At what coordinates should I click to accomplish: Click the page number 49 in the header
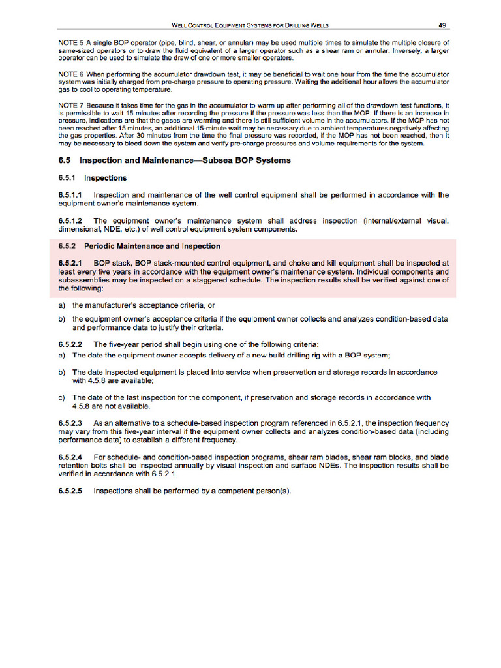[x=442, y=25]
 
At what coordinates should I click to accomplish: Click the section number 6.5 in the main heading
[x=65, y=160]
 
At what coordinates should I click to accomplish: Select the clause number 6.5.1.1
[x=70, y=195]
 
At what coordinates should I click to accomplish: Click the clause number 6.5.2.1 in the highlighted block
[x=70, y=262]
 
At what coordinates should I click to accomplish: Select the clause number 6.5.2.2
[x=70, y=344]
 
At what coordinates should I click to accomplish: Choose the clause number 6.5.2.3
[x=70, y=423]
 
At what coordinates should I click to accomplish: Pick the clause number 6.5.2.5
[x=70, y=491]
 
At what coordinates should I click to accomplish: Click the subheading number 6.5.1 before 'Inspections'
[x=67, y=177]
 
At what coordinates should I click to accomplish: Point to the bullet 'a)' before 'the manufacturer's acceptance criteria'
[x=61, y=305]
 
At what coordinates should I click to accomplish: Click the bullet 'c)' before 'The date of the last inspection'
[x=61, y=397]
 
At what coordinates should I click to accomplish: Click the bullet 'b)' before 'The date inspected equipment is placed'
[x=61, y=372]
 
